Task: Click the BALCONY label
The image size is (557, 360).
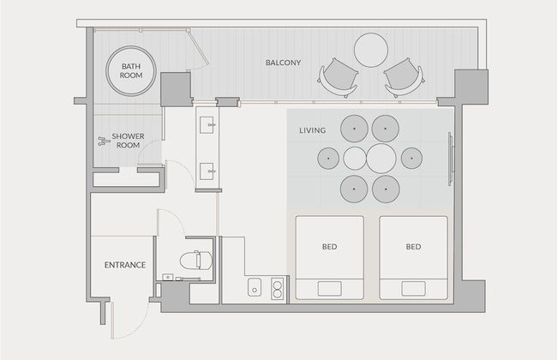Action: pyautogui.click(x=283, y=63)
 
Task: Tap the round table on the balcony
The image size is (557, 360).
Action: pyautogui.click(x=370, y=50)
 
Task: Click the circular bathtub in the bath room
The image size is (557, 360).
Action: pyautogui.click(x=131, y=71)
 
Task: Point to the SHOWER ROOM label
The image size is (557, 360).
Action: pyautogui.click(x=128, y=141)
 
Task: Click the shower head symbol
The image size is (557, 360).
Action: pyautogui.click(x=104, y=141)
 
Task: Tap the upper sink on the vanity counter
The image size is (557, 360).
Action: pyautogui.click(x=207, y=125)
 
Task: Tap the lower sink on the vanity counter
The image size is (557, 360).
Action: pyautogui.click(x=207, y=171)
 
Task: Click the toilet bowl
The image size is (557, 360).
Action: pyautogui.click(x=195, y=261)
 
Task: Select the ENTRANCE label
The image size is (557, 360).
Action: pyautogui.click(x=125, y=265)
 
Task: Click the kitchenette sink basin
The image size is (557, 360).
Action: pyautogui.click(x=255, y=287)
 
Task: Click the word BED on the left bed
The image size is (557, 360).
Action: pyautogui.click(x=330, y=247)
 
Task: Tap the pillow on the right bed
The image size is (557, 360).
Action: pyautogui.click(x=414, y=289)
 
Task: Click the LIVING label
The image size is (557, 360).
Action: pyautogui.click(x=313, y=130)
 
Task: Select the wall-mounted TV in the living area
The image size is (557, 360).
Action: pyautogui.click(x=451, y=159)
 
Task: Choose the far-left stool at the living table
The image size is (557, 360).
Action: pyautogui.click(x=328, y=159)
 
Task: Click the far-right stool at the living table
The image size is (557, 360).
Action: pyautogui.click(x=411, y=159)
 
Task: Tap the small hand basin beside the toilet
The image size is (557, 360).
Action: pyautogui.click(x=167, y=277)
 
